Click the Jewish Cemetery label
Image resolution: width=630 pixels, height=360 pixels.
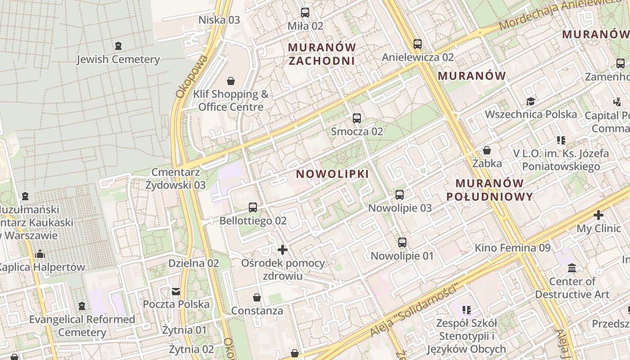[118, 59]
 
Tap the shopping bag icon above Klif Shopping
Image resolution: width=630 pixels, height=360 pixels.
[231, 81]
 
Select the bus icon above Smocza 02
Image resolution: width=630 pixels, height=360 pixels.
[357, 118]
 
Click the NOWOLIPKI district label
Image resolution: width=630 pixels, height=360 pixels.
[333, 174]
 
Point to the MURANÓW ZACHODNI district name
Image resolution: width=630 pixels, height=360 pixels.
[322, 54]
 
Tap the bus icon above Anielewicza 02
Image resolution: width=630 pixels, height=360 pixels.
[418, 44]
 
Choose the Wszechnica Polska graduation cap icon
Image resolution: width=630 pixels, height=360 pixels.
[531, 101]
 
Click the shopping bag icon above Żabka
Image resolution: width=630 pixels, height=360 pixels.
[487, 150]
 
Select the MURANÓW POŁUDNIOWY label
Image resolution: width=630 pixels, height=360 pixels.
[490, 190]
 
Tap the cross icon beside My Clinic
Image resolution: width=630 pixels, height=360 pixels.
[598, 215]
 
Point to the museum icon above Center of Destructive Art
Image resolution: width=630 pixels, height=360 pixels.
[572, 268]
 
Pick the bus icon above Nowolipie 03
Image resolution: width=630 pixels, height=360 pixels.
[400, 195]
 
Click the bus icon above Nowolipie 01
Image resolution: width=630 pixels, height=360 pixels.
[402, 243]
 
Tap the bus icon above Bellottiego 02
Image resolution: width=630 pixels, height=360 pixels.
[253, 207]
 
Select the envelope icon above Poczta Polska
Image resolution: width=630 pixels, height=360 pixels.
[176, 292]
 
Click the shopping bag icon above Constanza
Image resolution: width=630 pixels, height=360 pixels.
[257, 297]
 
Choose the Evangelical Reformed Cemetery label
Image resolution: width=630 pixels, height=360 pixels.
[82, 326]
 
